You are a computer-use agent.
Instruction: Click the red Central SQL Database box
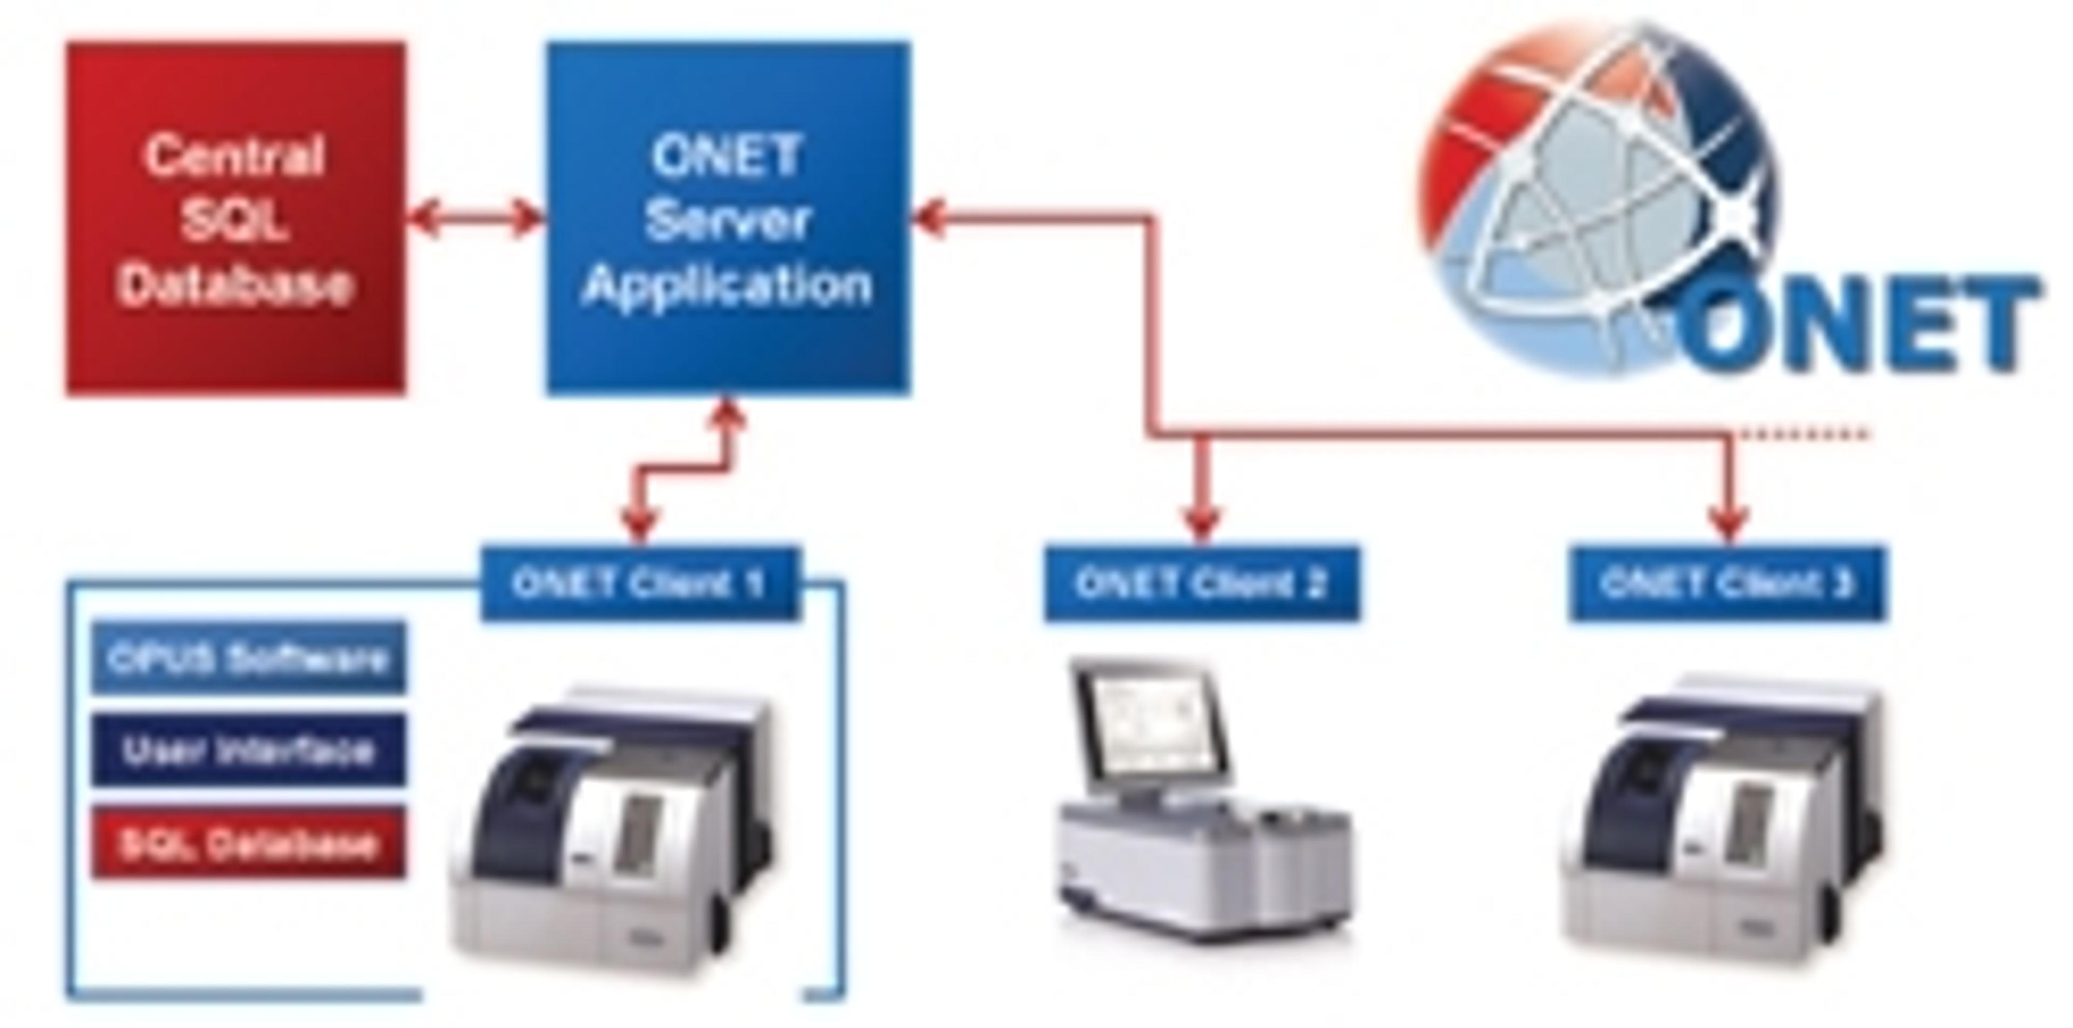pyautogui.click(x=235, y=219)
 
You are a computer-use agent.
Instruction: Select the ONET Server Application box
pyautogui.click(x=728, y=219)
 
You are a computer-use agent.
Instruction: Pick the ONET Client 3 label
pyautogui.click(x=1727, y=584)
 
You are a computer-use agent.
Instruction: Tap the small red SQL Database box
pyautogui.click(x=248, y=843)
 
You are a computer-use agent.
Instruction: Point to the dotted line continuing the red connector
pyautogui.click(x=1803, y=435)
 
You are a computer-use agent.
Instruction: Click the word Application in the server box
pyautogui.click(x=727, y=283)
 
